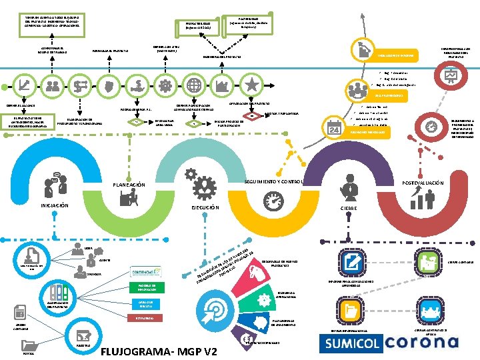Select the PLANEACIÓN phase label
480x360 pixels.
(129, 185)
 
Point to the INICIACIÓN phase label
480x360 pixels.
(55, 205)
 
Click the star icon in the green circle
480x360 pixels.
(253, 85)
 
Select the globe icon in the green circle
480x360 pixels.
(193, 85)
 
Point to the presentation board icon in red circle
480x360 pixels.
(450, 77)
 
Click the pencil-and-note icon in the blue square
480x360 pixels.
(350, 261)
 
